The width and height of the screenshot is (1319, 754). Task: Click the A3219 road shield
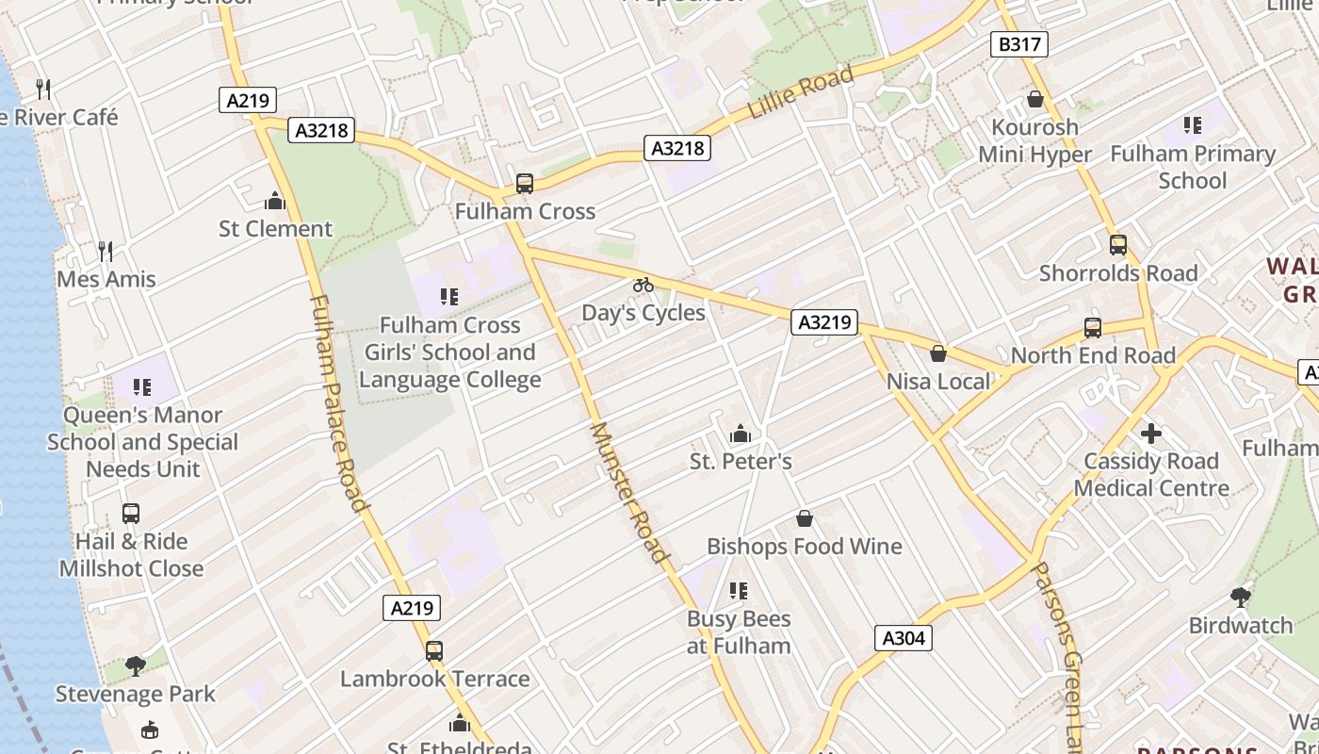pyautogui.click(x=824, y=322)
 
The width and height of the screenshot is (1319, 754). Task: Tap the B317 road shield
pyautogui.click(x=1019, y=43)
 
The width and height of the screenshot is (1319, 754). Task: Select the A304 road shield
pyautogui.click(x=904, y=638)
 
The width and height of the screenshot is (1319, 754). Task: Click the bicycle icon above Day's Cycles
pyautogui.click(x=643, y=285)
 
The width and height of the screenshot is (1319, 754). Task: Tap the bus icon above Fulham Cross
pyautogui.click(x=525, y=184)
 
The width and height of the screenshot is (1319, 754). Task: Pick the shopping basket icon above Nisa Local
pyautogui.click(x=938, y=353)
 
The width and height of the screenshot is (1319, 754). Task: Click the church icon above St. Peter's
pyautogui.click(x=741, y=434)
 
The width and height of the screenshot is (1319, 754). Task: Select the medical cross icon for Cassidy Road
pyautogui.click(x=1150, y=434)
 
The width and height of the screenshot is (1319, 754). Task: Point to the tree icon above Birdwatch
pyautogui.click(x=1241, y=597)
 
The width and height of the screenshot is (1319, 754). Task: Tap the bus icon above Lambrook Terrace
pyautogui.click(x=434, y=650)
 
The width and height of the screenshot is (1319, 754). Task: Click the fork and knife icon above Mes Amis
pyautogui.click(x=106, y=251)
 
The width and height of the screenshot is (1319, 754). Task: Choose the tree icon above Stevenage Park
pyautogui.click(x=136, y=666)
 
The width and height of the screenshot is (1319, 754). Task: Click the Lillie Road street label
pyautogui.click(x=801, y=92)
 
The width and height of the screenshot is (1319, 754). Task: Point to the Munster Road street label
pyautogui.click(x=628, y=491)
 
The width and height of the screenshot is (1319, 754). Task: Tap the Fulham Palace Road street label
pyautogui.click(x=337, y=403)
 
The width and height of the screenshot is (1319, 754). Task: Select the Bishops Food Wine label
pyautogui.click(x=805, y=547)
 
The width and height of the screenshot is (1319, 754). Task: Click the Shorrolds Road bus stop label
pyautogui.click(x=1118, y=273)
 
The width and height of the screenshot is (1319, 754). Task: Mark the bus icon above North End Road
pyautogui.click(x=1093, y=328)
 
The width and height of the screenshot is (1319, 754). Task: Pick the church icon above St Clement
pyautogui.click(x=275, y=201)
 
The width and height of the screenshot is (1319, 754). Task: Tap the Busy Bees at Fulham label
pyautogui.click(x=739, y=632)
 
